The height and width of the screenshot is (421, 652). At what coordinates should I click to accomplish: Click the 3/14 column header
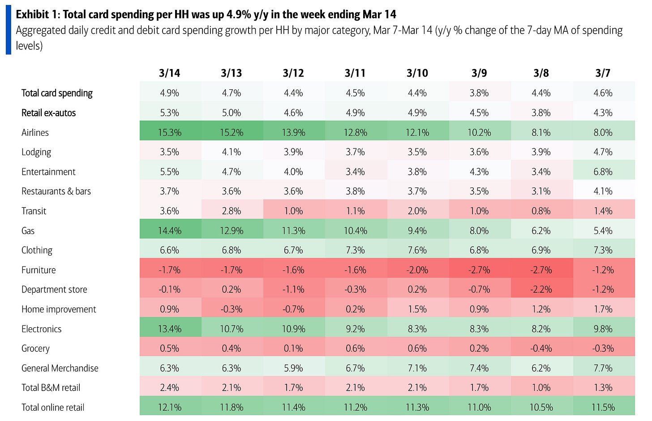tap(169, 73)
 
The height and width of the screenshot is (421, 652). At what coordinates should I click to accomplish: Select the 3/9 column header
tap(479, 73)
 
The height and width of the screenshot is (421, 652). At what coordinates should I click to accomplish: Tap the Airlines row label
tap(35, 133)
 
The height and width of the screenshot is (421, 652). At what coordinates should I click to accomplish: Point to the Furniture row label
tap(39, 270)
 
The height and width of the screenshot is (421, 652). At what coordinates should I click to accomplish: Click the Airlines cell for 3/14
tap(169, 133)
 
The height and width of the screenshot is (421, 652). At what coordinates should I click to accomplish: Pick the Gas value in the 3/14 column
tap(169, 231)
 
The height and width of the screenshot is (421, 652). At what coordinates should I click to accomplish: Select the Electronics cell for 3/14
tap(169, 329)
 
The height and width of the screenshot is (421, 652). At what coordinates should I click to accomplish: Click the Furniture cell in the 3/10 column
tap(417, 270)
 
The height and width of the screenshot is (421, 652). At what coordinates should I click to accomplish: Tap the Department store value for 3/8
tap(541, 290)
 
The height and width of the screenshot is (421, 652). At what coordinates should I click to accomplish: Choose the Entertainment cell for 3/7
tap(603, 172)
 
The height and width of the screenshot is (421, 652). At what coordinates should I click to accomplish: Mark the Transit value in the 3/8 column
tap(541, 211)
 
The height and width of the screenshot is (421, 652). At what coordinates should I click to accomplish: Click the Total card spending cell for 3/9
tap(479, 93)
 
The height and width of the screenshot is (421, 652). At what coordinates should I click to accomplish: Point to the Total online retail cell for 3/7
tap(603, 408)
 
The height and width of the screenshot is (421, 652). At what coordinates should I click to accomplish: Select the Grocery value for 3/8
tap(541, 348)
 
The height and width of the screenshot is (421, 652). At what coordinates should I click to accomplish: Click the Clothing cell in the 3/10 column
tap(417, 250)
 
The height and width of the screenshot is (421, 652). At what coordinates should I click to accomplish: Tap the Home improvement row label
tap(59, 309)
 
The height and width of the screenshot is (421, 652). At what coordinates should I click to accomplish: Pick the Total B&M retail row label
tap(51, 388)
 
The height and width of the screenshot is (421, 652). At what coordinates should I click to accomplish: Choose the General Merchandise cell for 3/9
tap(479, 368)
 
